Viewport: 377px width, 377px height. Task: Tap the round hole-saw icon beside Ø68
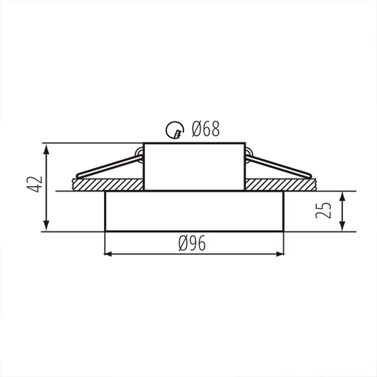[176, 131]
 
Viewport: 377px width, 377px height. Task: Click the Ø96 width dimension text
[193, 243]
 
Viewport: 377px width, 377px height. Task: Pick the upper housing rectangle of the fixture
[193, 166]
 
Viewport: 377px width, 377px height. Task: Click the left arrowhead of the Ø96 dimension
[107, 253]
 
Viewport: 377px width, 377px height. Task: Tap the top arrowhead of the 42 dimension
[48, 147]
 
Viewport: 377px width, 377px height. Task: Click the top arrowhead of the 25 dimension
[343, 195]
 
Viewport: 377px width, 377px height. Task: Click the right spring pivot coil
[248, 156]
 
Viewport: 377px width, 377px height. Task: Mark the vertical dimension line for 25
[343, 211]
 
